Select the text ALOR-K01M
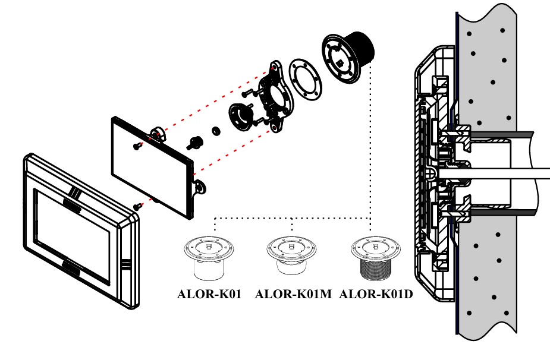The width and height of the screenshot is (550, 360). click(293, 293)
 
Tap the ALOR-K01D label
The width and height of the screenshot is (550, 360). click(375, 293)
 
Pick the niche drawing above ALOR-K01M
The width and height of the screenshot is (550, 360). click(291, 257)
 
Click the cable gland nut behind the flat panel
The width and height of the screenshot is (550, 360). click(196, 142)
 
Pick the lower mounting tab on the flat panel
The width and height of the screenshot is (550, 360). click(199, 187)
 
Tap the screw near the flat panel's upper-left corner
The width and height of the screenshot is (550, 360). click(137, 144)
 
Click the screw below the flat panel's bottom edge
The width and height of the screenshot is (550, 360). click(138, 206)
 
